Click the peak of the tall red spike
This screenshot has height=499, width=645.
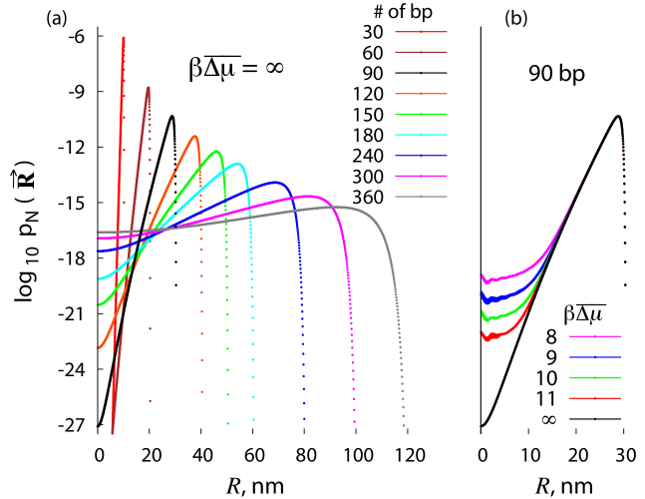[124, 38]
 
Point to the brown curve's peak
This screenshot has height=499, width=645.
[149, 87]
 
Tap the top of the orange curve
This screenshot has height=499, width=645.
[195, 136]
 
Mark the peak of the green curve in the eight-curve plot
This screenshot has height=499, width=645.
[217, 151]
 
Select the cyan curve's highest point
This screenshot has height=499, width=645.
[237, 163]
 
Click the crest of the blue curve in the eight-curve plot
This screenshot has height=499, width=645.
[275, 182]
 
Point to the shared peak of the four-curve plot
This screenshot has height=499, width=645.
[618, 116]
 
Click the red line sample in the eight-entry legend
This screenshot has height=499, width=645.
[421, 32]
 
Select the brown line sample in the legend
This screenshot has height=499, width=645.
[421, 52]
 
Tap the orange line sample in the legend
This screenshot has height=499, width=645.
[421, 93]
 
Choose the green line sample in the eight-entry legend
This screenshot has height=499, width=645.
[421, 114]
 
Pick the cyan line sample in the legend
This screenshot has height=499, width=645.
[421, 135]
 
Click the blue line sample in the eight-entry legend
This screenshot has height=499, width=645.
[421, 156]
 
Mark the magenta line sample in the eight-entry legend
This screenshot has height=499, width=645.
[421, 176]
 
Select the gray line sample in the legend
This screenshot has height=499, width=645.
[421, 197]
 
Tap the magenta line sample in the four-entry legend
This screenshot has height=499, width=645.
[595, 336]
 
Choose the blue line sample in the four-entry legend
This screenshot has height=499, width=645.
[595, 357]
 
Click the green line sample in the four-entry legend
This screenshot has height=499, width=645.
[595, 378]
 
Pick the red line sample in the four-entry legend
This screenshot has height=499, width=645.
[595, 398]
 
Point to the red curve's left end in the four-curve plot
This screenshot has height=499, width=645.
[483, 334]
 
